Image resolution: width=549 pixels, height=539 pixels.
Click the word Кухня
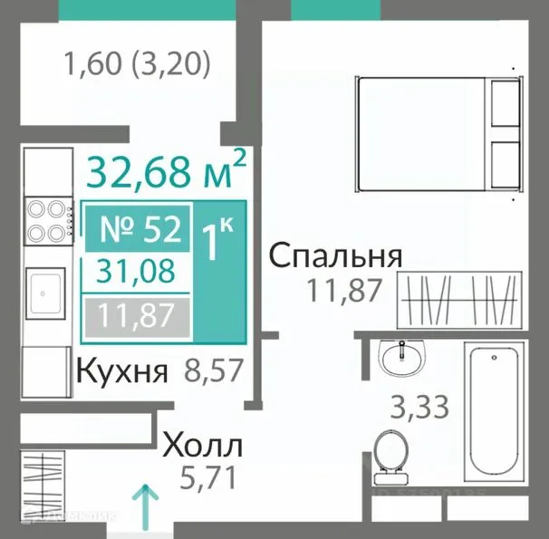coord(122,371)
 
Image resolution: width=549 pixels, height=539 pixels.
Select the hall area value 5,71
coord(202,476)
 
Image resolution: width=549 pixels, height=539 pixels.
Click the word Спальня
coord(335,256)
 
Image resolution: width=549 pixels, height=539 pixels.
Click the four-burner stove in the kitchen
coord(47,220)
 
